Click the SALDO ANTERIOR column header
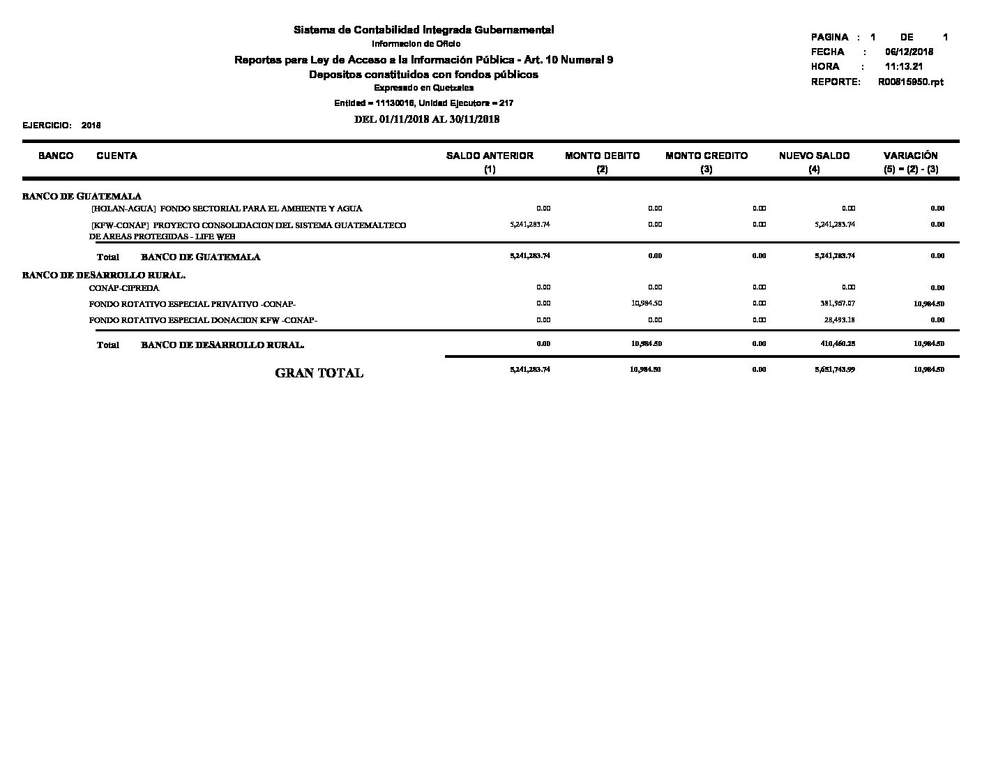pyautogui.click(x=490, y=156)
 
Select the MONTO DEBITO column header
pyautogui.click(x=602, y=156)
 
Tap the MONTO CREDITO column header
pyautogui.click(x=707, y=156)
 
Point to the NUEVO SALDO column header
pyautogui.click(x=814, y=156)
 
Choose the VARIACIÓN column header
pyautogui.click(x=910, y=156)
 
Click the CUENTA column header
pyautogui.click(x=116, y=156)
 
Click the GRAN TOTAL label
pyautogui.click(x=319, y=373)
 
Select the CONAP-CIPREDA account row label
pyautogui.click(x=124, y=287)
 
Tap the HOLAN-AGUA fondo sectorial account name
pyautogui.click(x=227, y=209)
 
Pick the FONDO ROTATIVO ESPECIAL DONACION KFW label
pyautogui.click(x=203, y=320)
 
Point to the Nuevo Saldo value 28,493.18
pyautogui.click(x=840, y=320)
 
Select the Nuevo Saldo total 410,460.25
pyautogui.click(x=837, y=343)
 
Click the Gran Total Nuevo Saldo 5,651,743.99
pyautogui.click(x=835, y=369)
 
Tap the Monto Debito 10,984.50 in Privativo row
pyautogui.click(x=647, y=303)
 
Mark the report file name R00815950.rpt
pyautogui.click(x=910, y=82)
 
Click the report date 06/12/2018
pyautogui.click(x=909, y=52)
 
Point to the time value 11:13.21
pyautogui.click(x=904, y=67)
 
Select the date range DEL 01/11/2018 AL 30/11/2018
pyautogui.click(x=427, y=119)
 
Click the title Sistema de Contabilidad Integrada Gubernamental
pyautogui.click(x=423, y=30)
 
